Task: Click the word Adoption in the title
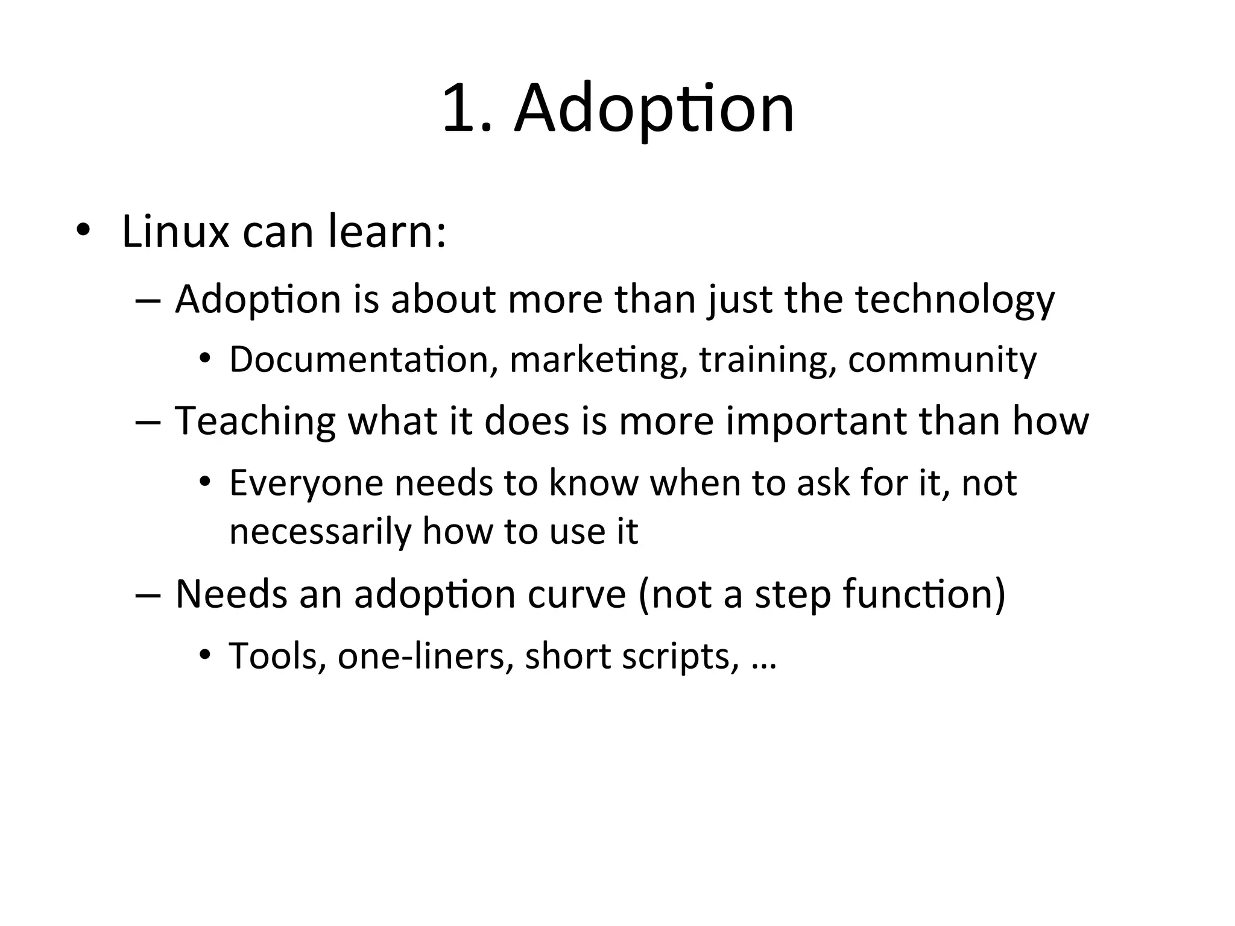[x=654, y=110]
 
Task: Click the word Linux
[x=175, y=231]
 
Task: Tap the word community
[x=942, y=361]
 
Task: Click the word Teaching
[x=255, y=421]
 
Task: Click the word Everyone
[x=306, y=483]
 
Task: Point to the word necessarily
[x=320, y=532]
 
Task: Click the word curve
[x=577, y=594]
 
